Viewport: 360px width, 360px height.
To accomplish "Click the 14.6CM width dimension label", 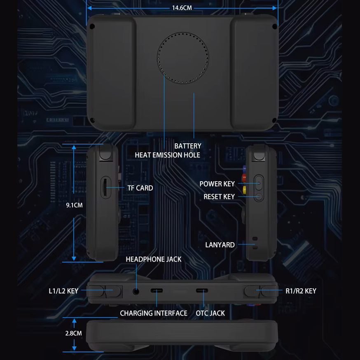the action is click(182, 8).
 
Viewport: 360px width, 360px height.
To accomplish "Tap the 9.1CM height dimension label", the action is click(74, 205).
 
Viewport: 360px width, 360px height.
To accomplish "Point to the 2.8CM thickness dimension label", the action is click(73, 333).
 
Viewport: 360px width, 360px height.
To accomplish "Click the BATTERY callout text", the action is click(188, 146).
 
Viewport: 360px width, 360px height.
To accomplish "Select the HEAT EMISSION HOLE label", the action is click(167, 155).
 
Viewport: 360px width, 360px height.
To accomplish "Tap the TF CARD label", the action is click(140, 188).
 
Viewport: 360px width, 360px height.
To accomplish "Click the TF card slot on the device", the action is click(105, 187).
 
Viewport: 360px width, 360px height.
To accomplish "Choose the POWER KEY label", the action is click(217, 184).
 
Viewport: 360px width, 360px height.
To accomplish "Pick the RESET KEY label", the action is click(219, 197).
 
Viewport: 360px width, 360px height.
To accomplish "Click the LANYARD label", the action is click(220, 245).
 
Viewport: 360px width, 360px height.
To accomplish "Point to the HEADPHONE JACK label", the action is click(154, 259).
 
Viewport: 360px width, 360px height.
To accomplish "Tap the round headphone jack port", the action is click(136, 292).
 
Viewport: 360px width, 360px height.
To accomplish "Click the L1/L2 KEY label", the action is click(63, 291).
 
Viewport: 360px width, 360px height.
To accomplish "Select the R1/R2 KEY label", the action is click(301, 291).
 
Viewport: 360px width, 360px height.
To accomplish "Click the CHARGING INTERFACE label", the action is click(154, 313).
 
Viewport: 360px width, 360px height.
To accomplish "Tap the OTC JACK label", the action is click(210, 313).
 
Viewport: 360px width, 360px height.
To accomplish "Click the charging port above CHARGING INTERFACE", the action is click(157, 291).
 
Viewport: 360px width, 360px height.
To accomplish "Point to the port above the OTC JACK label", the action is click(202, 291).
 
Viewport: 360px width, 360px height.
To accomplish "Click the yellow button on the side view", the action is click(244, 189).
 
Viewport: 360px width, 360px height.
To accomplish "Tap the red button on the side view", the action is click(244, 178).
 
